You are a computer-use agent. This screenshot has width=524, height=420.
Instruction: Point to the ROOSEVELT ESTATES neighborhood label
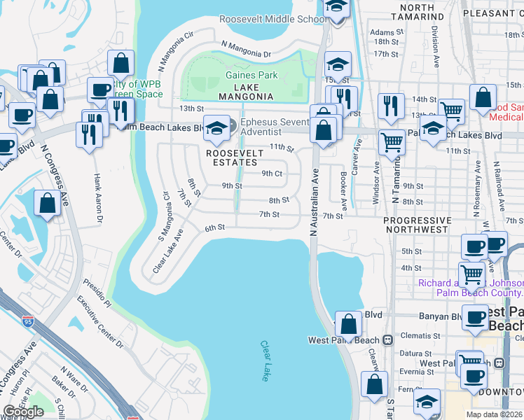click(234, 158)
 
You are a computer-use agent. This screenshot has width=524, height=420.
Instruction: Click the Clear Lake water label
click(265, 361)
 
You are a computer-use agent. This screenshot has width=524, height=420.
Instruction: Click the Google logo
click(23, 412)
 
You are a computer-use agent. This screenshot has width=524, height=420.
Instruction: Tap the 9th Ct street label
click(271, 173)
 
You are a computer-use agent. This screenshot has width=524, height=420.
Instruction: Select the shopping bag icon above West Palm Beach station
click(348, 325)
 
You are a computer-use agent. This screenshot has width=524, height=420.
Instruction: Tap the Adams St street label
click(383, 32)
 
